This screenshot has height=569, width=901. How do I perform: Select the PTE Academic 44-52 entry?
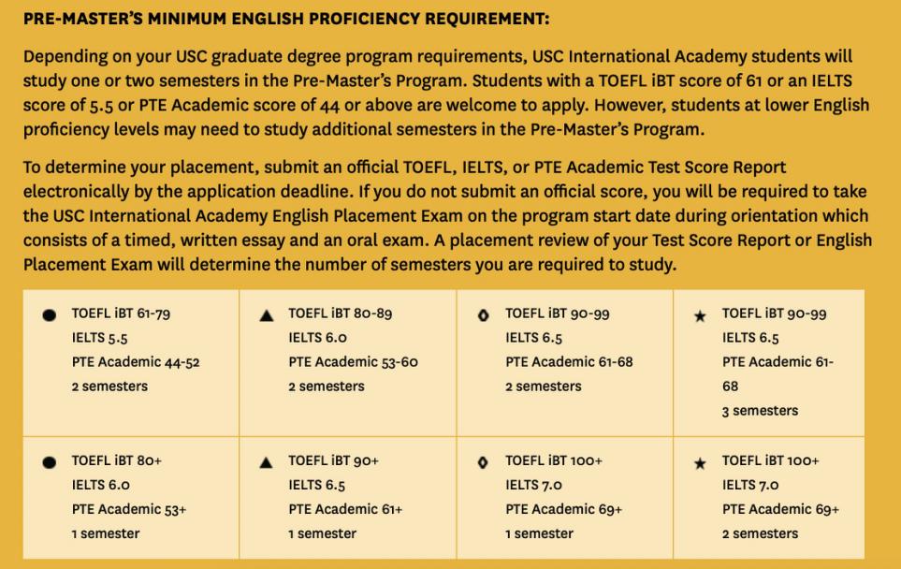coord(136,362)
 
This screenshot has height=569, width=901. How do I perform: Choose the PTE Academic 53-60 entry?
coord(354,362)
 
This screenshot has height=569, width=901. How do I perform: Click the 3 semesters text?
coord(760,410)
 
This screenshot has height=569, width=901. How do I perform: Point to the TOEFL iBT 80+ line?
coord(117,461)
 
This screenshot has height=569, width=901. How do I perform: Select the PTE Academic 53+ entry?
coord(129,509)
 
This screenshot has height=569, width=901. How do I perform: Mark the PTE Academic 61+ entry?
coord(346,509)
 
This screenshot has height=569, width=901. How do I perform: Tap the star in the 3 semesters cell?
coord(700,316)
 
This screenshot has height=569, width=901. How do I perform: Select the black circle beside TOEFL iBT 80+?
coord(49,462)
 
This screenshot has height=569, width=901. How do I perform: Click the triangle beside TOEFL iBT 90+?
coord(267,462)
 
